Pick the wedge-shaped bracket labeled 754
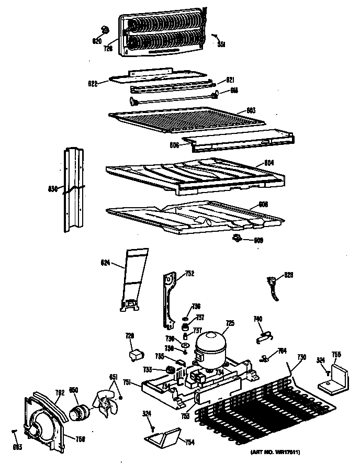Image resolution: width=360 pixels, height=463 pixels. point(164,436)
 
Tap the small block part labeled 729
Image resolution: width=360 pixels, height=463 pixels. point(136,355)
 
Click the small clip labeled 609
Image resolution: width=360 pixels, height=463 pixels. point(239,239)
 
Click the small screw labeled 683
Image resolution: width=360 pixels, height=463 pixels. point(14,432)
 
